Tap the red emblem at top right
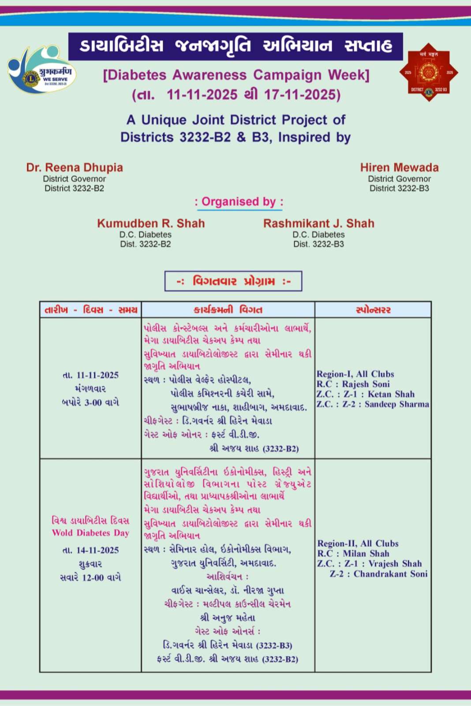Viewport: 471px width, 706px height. (429, 72)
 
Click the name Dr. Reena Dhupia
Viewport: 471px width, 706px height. (75, 168)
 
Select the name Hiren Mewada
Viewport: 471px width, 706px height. (399, 168)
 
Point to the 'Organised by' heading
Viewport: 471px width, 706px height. (239, 202)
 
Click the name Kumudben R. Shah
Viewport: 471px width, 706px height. (151, 223)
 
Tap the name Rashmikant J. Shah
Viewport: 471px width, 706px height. (318, 223)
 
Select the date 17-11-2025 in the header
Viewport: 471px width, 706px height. (302, 94)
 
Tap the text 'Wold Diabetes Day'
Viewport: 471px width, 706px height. (90, 533)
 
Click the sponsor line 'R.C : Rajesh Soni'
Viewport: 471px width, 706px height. (353, 384)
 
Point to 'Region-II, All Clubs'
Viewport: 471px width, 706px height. (358, 544)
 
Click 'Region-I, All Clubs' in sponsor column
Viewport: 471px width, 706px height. (355, 374)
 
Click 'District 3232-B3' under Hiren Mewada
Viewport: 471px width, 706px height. (399, 188)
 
